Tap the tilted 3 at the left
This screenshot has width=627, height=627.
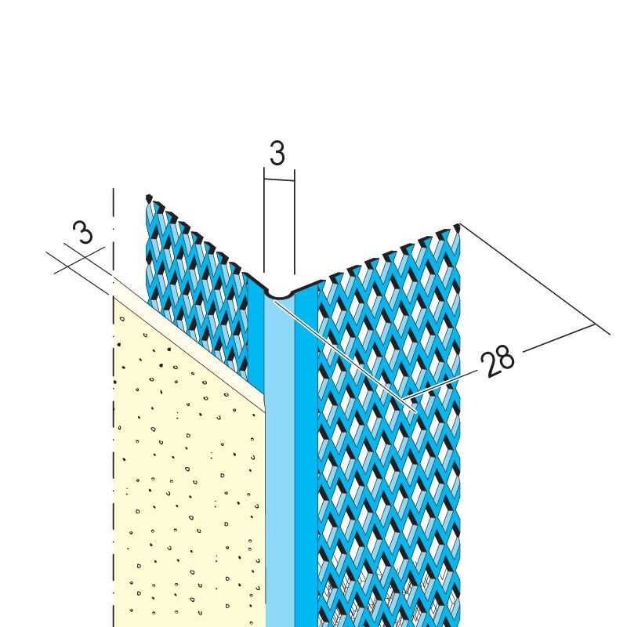click(x=83, y=232)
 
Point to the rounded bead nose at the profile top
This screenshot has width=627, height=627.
click(x=279, y=295)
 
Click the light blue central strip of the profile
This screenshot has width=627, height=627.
click(x=280, y=460)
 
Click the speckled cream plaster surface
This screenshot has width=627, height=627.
click(x=188, y=480)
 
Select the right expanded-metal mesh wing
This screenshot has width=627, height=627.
click(x=390, y=432)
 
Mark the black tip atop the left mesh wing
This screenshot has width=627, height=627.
click(x=149, y=198)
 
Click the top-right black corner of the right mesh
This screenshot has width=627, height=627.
click(x=458, y=228)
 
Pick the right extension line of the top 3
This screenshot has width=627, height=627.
click(x=295, y=222)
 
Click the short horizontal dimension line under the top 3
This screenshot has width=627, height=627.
click(x=279, y=180)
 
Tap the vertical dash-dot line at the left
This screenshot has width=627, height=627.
click(x=114, y=408)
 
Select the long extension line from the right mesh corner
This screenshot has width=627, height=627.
click(x=535, y=279)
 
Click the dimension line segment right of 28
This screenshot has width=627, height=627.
click(x=558, y=339)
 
